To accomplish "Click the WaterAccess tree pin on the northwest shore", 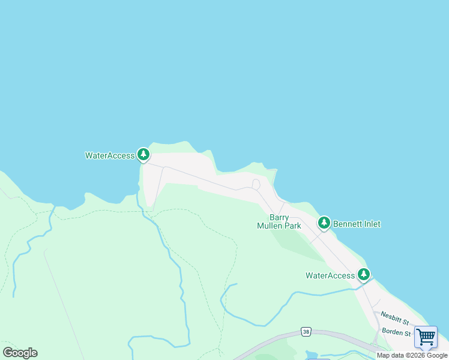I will pyautogui.click(x=143, y=155).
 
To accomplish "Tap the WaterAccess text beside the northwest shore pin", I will pyautogui.click(x=110, y=155).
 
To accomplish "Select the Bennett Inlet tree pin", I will pyautogui.click(x=324, y=223).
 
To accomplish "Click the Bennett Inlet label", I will pyautogui.click(x=357, y=224).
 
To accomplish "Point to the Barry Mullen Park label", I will pyautogui.click(x=279, y=221).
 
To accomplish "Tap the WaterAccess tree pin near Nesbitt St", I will pyautogui.click(x=363, y=274).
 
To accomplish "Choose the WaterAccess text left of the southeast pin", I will pyautogui.click(x=330, y=275).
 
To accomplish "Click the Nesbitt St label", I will pyautogui.click(x=394, y=322).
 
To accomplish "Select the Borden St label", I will pyautogui.click(x=396, y=333).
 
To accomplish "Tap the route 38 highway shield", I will pyautogui.click(x=306, y=331).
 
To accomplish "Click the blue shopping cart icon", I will pyautogui.click(x=426, y=337).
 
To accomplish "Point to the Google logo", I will pyautogui.click(x=20, y=353).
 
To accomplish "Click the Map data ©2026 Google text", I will pyautogui.click(x=412, y=355).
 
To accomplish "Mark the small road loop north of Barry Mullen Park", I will pyautogui.click(x=256, y=184).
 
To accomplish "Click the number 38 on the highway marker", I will pyautogui.click(x=306, y=331).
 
